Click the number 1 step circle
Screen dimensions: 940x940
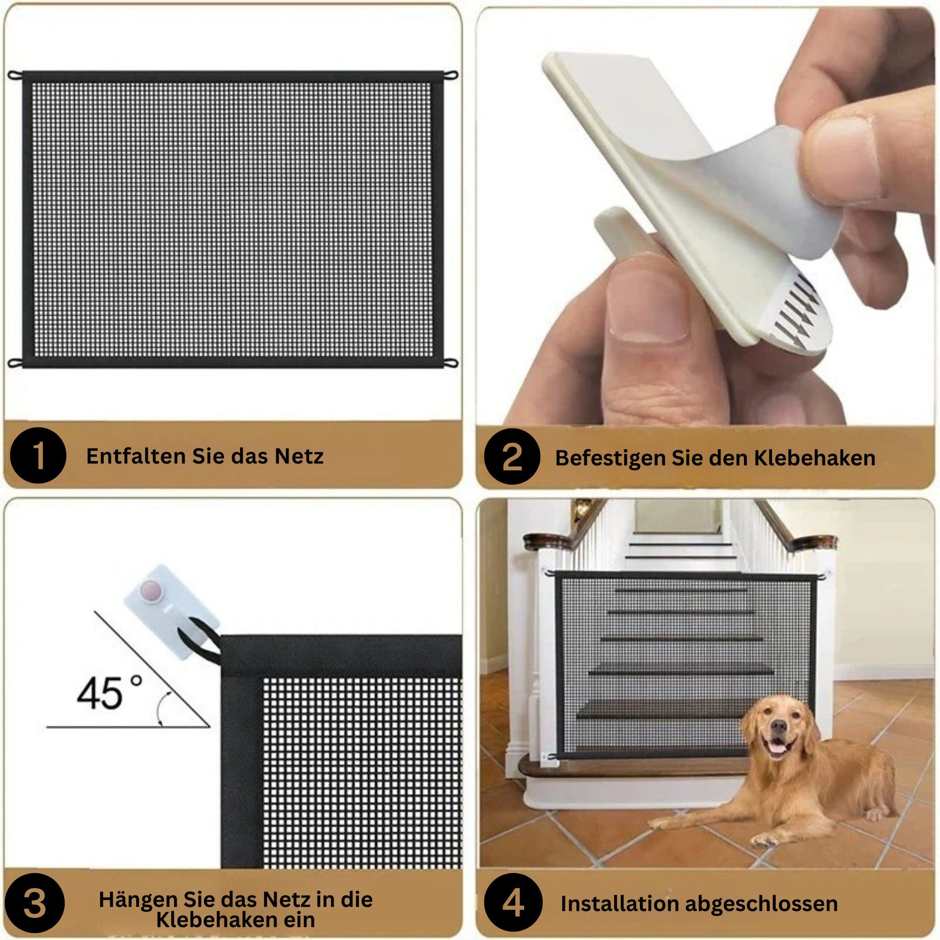(38, 455)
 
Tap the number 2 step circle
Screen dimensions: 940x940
(512, 457)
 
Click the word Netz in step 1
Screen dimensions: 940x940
(299, 456)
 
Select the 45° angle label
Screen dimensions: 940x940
(110, 694)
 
